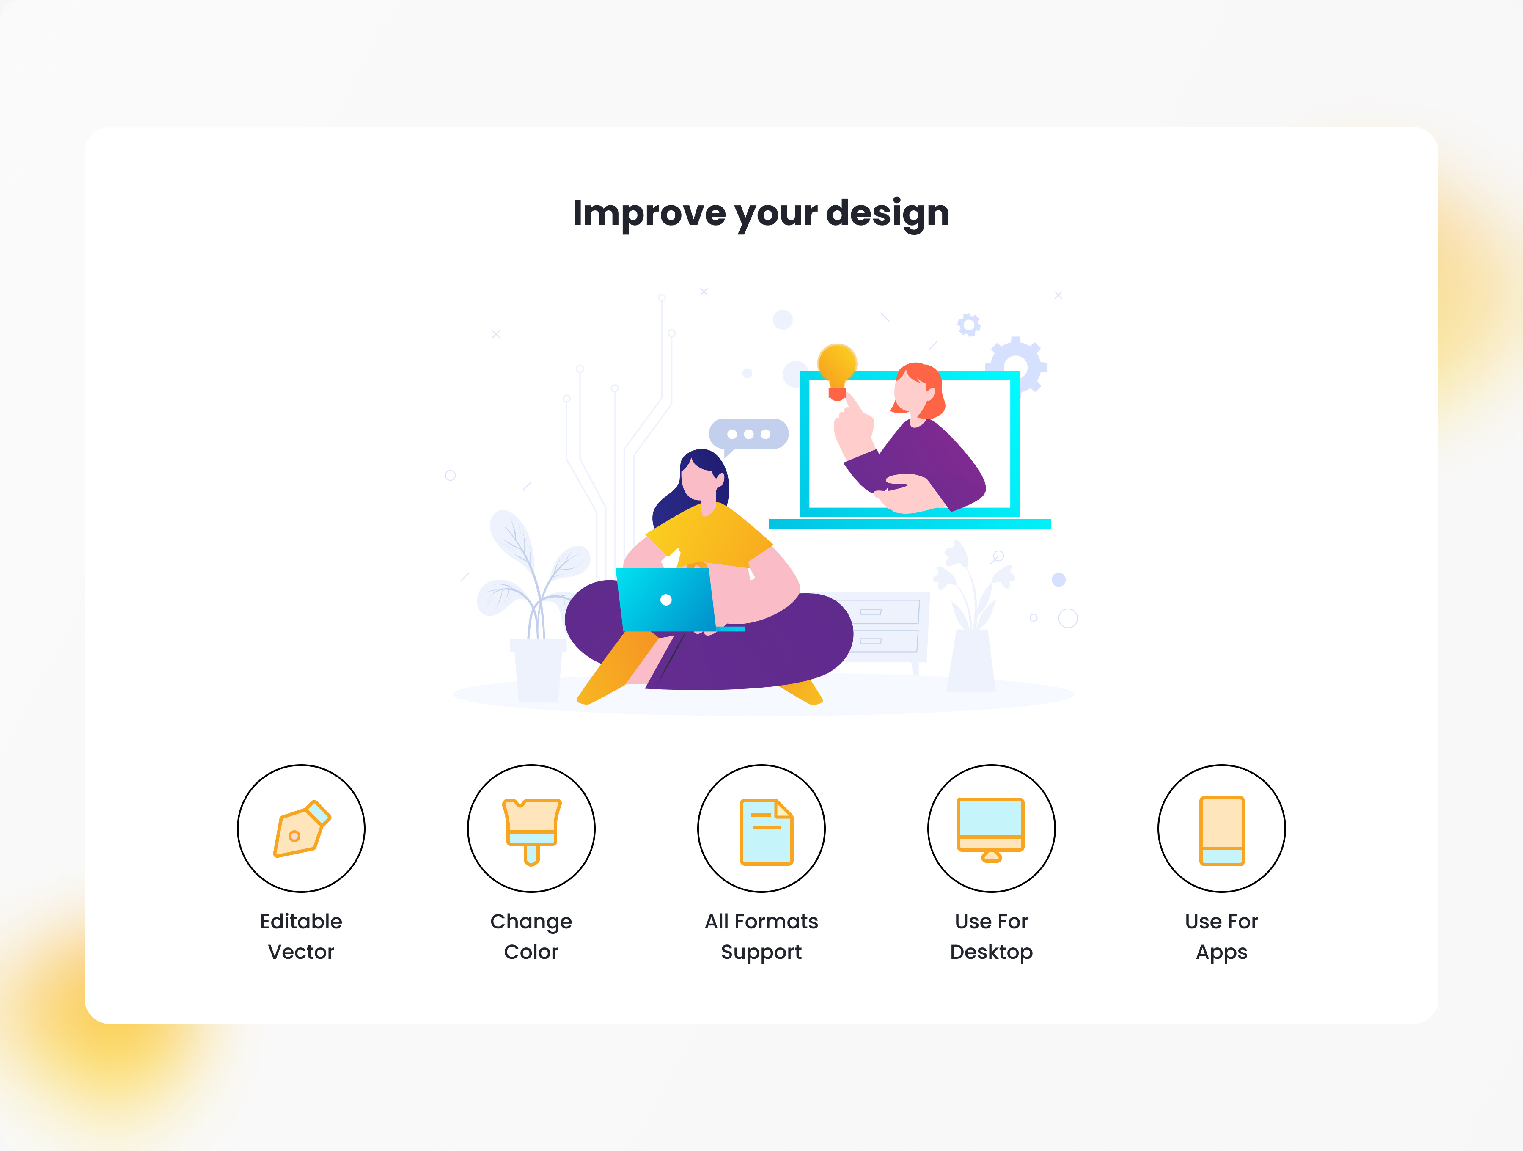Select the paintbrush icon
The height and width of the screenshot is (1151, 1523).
pyautogui.click(x=531, y=830)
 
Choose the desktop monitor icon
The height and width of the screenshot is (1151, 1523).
pyautogui.click(x=991, y=829)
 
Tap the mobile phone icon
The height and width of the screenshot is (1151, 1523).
pyautogui.click(x=1221, y=830)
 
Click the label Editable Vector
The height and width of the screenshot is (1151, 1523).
pyautogui.click(x=301, y=936)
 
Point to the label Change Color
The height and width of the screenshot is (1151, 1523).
pyautogui.click(x=531, y=936)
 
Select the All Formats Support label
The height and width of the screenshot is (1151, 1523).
pyautogui.click(x=761, y=936)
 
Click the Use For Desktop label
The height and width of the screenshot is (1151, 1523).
pyautogui.click(x=991, y=936)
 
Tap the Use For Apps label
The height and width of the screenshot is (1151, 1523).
pyautogui.click(x=1221, y=936)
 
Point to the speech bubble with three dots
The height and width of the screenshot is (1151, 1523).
pyautogui.click(x=748, y=434)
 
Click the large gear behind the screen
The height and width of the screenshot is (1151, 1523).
pyautogui.click(x=1017, y=363)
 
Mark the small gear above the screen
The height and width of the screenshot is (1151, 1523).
pyautogui.click(x=969, y=325)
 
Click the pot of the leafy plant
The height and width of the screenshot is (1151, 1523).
pyautogui.click(x=538, y=668)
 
